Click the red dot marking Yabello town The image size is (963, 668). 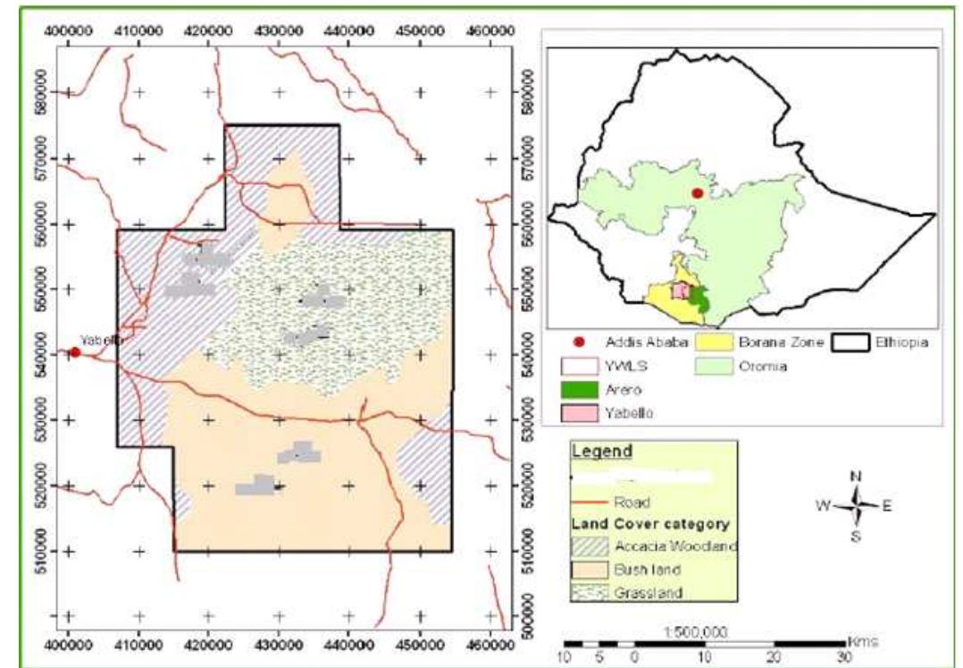75,352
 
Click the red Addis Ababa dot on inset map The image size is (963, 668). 698,193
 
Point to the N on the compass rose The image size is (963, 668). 856,476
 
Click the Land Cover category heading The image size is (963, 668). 649,524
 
